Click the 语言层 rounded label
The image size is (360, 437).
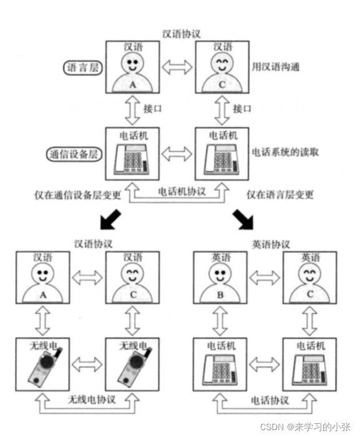click(x=83, y=67)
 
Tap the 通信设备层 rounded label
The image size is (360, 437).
click(x=74, y=154)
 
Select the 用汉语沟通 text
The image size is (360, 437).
click(x=276, y=67)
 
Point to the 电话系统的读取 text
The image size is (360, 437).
click(x=285, y=152)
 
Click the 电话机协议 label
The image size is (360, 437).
click(x=182, y=192)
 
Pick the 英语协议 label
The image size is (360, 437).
click(x=271, y=245)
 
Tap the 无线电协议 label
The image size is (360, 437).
click(x=91, y=400)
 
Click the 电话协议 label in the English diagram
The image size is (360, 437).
click(x=270, y=401)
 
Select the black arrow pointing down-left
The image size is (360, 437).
click(x=110, y=220)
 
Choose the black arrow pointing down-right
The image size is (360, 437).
click(x=243, y=220)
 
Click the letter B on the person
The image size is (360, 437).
click(x=220, y=295)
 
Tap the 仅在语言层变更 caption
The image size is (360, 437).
click(x=280, y=195)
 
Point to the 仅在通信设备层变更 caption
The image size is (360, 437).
click(x=78, y=195)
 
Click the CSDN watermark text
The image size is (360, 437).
click(x=305, y=426)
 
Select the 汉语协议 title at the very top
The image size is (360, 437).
click(x=182, y=34)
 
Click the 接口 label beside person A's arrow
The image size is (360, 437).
click(x=152, y=109)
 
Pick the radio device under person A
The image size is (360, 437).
click(x=45, y=366)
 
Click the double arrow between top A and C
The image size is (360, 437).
click(x=177, y=67)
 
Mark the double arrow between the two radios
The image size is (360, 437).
click(x=87, y=364)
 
